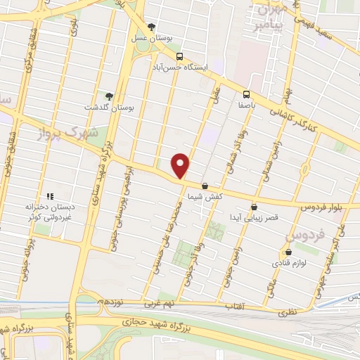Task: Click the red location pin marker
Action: coord(181,165)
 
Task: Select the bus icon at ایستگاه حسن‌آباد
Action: coord(180,56)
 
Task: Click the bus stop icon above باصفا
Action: coord(246,94)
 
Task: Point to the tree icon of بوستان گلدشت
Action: coord(108,96)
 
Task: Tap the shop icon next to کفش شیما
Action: coord(205,186)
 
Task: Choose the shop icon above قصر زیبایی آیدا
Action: coord(253,207)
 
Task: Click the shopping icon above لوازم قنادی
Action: coord(288,252)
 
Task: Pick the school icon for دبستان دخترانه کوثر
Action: coord(49,196)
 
